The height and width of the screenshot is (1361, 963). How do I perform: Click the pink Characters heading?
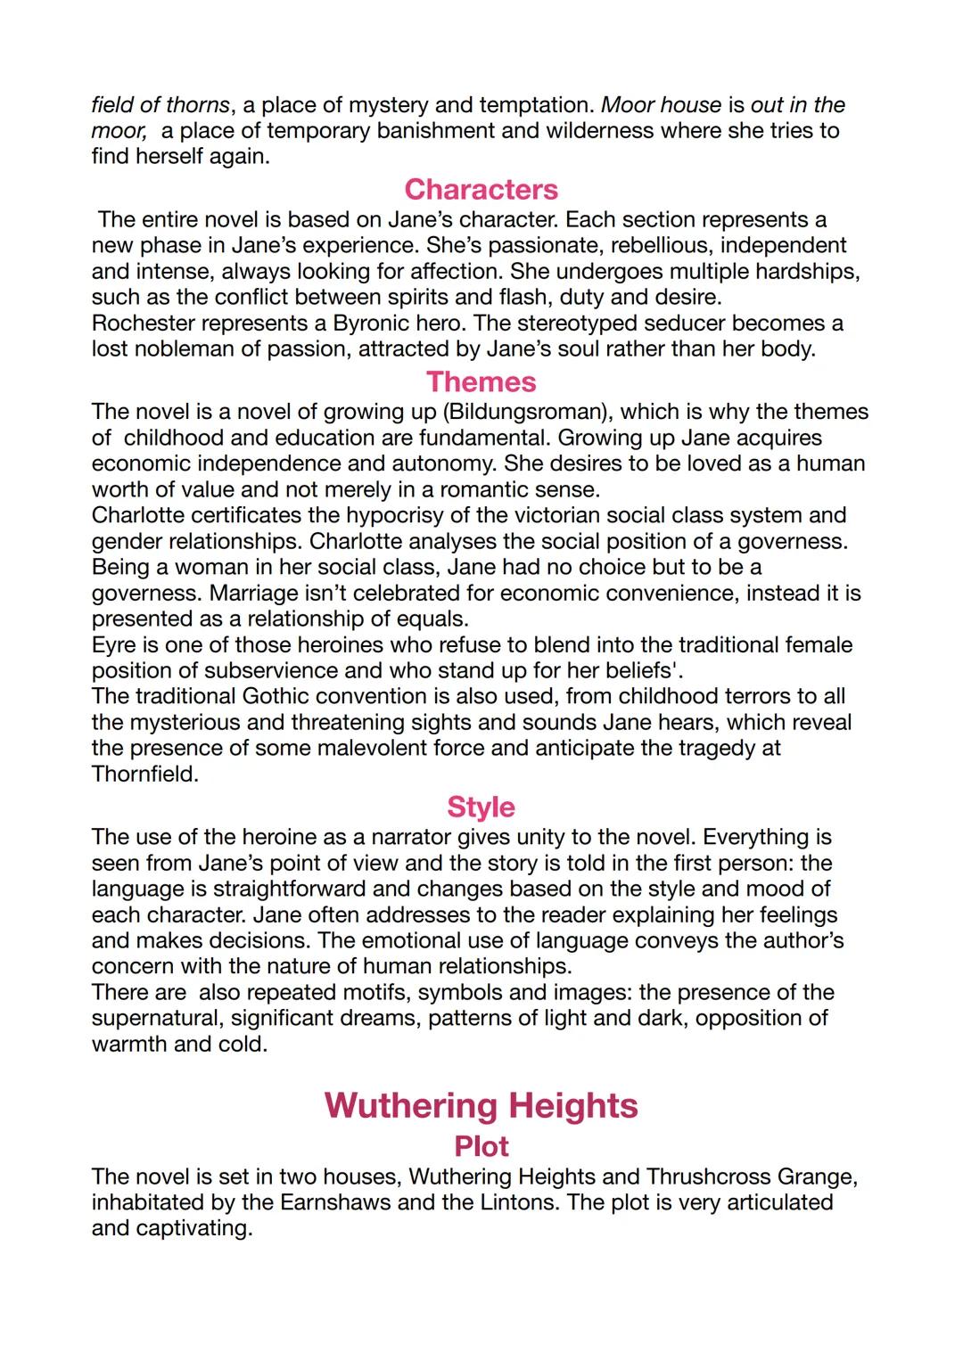(481, 189)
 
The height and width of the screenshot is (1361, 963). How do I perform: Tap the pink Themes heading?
(481, 381)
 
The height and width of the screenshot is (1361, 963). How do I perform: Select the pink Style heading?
(481, 807)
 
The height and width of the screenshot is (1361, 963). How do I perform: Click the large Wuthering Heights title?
(481, 1105)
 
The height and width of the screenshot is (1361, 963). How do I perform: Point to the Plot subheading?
(481, 1146)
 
